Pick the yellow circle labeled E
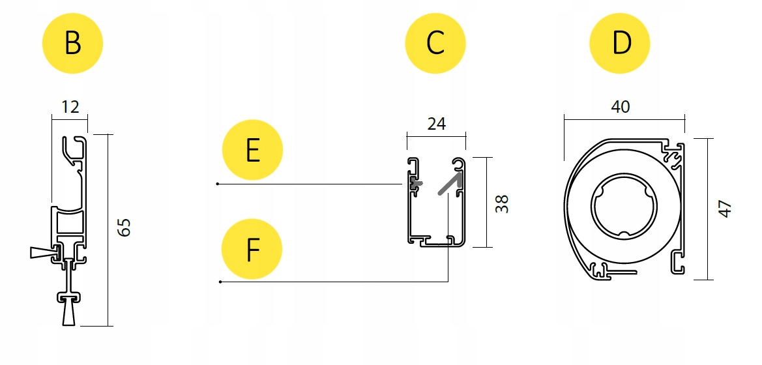pyautogui.click(x=252, y=151)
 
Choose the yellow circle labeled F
pyautogui.click(x=252, y=249)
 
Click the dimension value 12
pyautogui.click(x=70, y=106)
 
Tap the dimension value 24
pyautogui.click(x=436, y=123)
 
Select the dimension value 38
pyautogui.click(x=502, y=203)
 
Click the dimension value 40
pyautogui.click(x=621, y=106)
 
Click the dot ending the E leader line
pyautogui.click(x=218, y=184)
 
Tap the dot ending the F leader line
pyautogui.click(x=221, y=282)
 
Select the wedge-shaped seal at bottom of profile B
pyautogui.click(x=70, y=314)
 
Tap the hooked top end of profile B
pyautogui.click(x=74, y=147)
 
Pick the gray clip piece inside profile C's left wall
pyautogui.click(x=415, y=185)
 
